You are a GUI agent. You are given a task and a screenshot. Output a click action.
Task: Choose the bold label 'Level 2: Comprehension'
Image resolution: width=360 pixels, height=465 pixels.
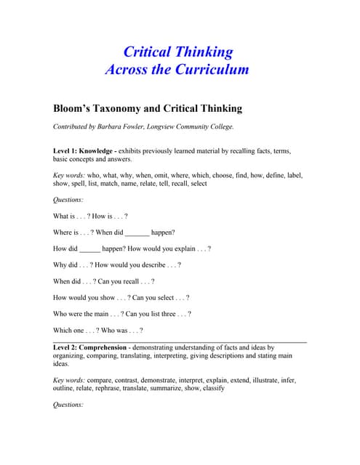click(x=95, y=347)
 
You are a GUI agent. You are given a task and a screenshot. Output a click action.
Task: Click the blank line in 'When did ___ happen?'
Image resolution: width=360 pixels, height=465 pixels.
click(x=137, y=233)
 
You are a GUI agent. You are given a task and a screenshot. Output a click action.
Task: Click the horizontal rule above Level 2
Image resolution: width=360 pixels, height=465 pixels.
click(x=180, y=341)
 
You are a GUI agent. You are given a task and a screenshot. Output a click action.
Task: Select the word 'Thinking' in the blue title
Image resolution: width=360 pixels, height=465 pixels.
click(x=198, y=52)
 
